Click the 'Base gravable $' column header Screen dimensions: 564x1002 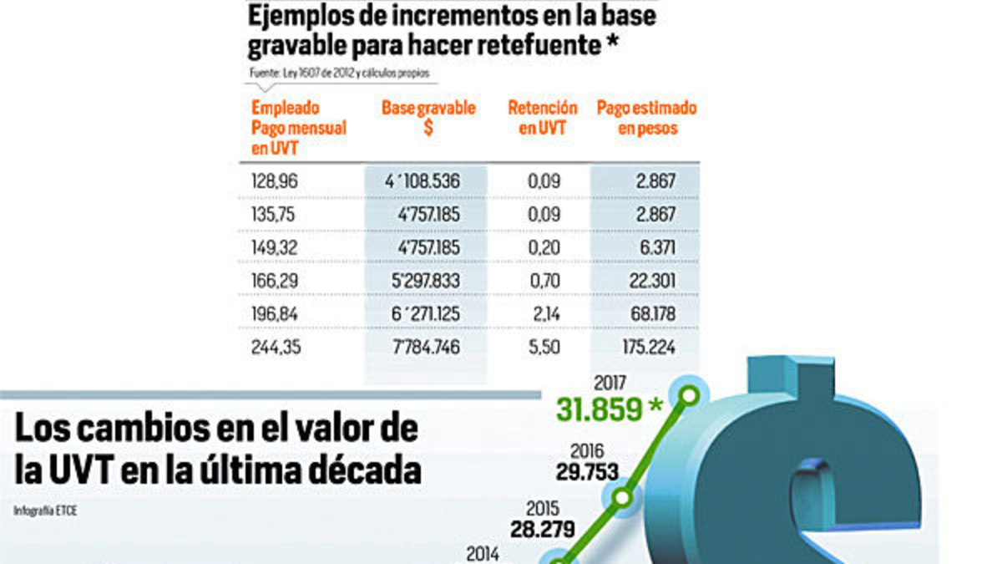[428, 119]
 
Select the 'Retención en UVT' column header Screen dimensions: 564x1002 [542, 119]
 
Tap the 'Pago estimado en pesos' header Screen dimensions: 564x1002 [646, 119]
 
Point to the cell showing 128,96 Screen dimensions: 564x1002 [275, 180]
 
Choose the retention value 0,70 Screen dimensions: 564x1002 [545, 281]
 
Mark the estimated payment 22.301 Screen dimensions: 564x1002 [652, 281]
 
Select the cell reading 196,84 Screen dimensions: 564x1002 [275, 314]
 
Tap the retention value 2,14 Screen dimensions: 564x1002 [545, 314]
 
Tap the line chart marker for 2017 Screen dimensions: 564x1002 [690, 394]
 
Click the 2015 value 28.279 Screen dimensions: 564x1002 [543, 529]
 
